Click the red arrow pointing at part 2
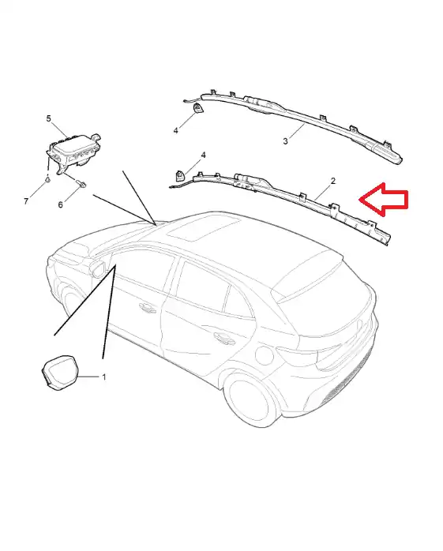383,199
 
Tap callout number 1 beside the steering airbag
104,377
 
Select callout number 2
333,181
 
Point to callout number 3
286,141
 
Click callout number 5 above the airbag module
48,118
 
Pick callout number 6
61,204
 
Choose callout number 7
26,201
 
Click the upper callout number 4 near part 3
176,131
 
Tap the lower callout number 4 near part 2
203,155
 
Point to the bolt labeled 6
81,184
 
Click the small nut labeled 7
47,180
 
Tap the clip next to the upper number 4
198,109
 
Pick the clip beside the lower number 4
180,174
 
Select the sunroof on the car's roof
204,229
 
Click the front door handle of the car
148,308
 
